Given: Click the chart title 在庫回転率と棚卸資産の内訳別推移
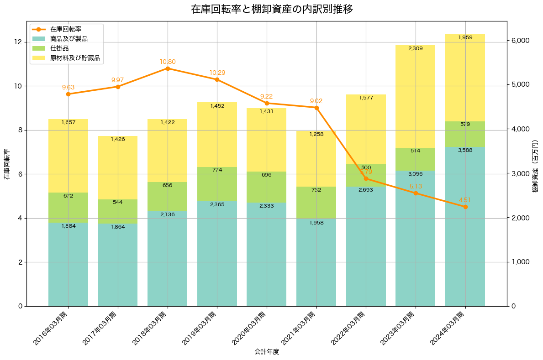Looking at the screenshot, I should point(271,9).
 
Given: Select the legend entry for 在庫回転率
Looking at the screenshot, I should point(69,29).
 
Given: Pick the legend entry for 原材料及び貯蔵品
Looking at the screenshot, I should point(75,58).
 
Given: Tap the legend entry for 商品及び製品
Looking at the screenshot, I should point(69,39).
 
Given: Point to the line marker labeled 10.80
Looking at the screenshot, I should point(168,68).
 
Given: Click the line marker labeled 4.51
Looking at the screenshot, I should point(465,207).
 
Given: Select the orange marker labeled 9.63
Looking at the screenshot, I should point(68,94).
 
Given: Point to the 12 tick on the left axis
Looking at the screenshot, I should point(18,42).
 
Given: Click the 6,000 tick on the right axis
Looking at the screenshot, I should point(520,41).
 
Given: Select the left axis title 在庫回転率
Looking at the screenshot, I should point(6,164).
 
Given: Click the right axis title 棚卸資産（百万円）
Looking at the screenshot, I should point(535,164).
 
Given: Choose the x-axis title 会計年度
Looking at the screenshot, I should point(267,352).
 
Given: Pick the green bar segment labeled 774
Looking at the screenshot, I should point(217,184).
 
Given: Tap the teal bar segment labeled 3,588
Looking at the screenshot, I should point(465,228).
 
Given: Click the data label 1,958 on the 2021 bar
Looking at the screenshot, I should point(316,223).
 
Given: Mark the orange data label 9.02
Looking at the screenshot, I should point(316,101).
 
